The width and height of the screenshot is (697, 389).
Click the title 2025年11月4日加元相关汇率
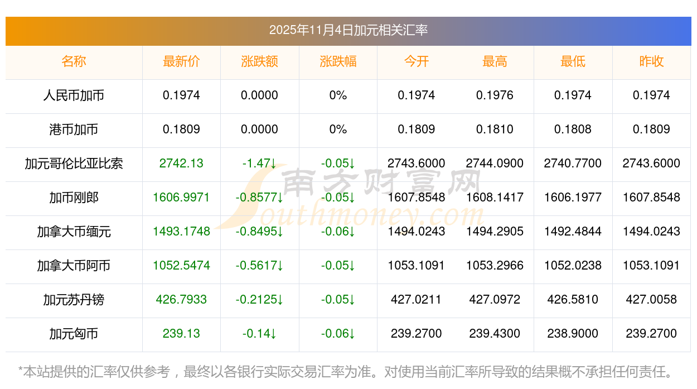tap(348, 30)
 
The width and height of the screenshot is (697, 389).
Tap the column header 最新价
tap(181, 61)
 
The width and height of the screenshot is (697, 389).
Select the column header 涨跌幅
tap(338, 61)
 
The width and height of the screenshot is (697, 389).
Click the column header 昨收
tap(651, 61)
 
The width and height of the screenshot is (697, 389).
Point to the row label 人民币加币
tap(74, 95)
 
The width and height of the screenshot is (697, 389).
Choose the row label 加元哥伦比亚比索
tap(74, 164)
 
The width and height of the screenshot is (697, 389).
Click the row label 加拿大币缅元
tap(74, 232)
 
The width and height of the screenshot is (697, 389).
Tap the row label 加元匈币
tap(74, 334)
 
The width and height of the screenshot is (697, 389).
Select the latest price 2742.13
tap(181, 164)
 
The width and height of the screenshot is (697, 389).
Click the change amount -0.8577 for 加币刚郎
tap(259, 198)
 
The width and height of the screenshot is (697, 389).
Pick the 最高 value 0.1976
tap(495, 95)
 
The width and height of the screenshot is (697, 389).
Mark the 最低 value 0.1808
tap(573, 129)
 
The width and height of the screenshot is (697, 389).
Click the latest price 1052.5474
tap(181, 266)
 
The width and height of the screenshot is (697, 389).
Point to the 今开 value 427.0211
tap(416, 300)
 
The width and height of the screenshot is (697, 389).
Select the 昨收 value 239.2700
tap(651, 334)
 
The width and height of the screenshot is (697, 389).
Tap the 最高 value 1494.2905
tap(495, 232)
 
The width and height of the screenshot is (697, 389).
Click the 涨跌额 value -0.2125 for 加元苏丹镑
tap(259, 300)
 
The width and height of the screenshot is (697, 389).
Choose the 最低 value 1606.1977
tap(573, 198)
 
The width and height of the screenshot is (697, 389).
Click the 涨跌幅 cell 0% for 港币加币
tap(338, 129)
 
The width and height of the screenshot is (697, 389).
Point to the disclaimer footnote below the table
tap(346, 371)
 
